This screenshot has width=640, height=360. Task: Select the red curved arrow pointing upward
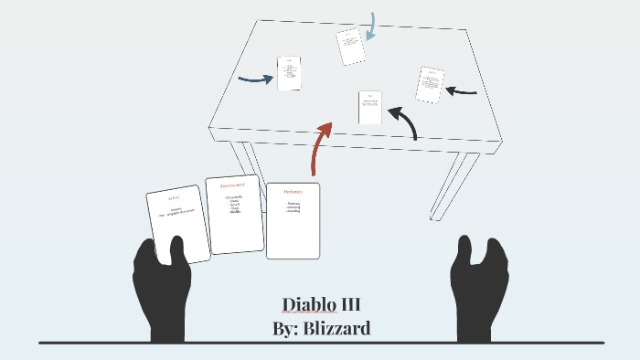pyautogui.click(x=319, y=146)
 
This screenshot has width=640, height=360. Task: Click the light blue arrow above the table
pyautogui.click(x=369, y=26)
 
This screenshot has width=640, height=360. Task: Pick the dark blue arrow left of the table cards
pyautogui.click(x=256, y=79)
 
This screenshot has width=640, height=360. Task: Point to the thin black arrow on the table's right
pyautogui.click(x=463, y=91)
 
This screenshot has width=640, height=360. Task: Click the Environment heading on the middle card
pyautogui.click(x=233, y=185)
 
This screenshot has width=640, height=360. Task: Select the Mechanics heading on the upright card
pyautogui.click(x=293, y=192)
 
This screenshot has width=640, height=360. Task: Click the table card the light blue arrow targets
pyautogui.click(x=350, y=46)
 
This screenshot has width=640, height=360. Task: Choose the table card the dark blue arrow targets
pyautogui.click(x=289, y=73)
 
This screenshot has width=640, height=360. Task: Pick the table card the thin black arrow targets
pyautogui.click(x=430, y=84)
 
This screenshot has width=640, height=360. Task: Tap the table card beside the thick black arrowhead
pyautogui.click(x=370, y=107)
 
